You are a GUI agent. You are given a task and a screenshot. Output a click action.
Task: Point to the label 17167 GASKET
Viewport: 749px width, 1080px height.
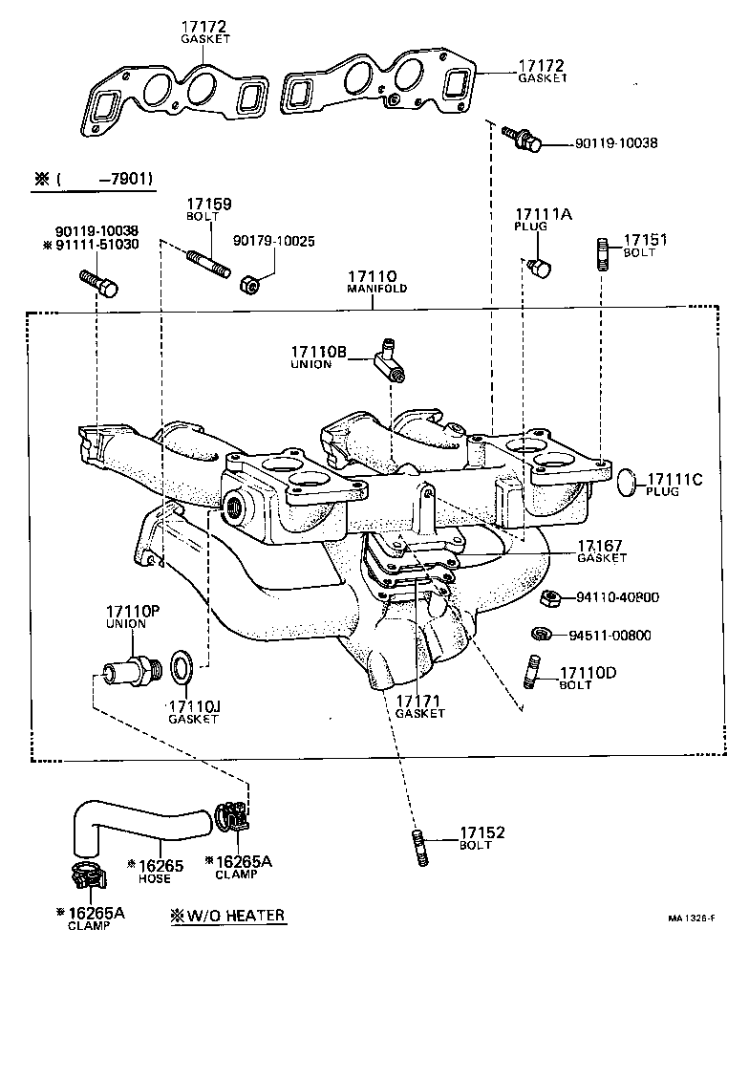pos(602,551)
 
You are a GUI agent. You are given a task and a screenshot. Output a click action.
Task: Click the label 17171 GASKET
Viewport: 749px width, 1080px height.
pos(420,706)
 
